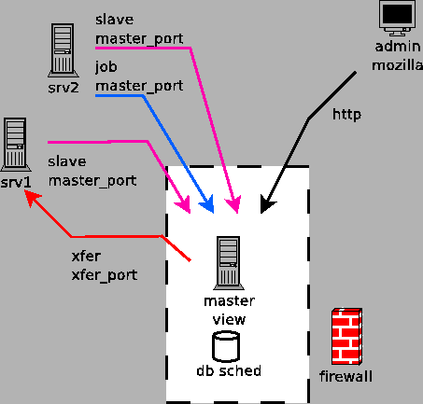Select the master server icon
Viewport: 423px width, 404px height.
pos(225,262)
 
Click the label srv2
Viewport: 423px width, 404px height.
pos(63,90)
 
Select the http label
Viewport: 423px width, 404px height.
pos(346,115)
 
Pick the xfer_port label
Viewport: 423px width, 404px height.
pos(105,275)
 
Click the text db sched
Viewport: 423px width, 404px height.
pos(228,371)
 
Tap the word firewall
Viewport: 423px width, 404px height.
pos(345,377)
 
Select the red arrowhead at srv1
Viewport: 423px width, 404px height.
pos(30,197)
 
